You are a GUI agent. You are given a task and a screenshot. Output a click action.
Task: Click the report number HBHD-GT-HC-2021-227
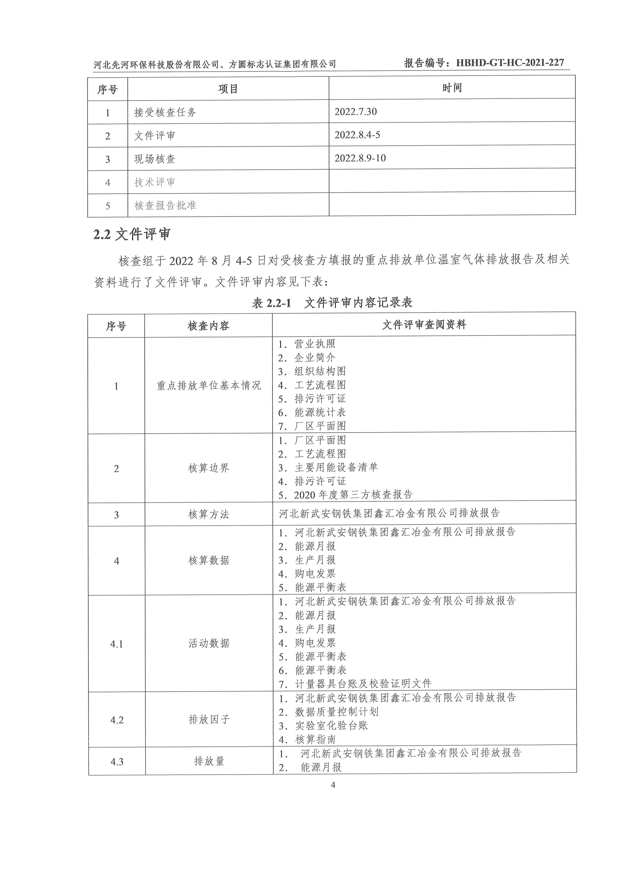[x=510, y=63]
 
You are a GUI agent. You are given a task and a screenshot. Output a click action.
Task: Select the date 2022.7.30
[x=355, y=112]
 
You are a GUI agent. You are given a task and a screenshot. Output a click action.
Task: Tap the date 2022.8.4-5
[x=357, y=135]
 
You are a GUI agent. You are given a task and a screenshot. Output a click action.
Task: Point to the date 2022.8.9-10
[x=360, y=158]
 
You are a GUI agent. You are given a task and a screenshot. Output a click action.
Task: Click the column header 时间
[x=452, y=88]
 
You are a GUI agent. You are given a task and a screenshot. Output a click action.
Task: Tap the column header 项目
[x=228, y=89]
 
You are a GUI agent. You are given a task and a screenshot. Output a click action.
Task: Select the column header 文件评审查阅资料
[x=424, y=325]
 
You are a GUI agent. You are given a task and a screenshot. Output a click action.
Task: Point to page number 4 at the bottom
[x=332, y=785]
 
